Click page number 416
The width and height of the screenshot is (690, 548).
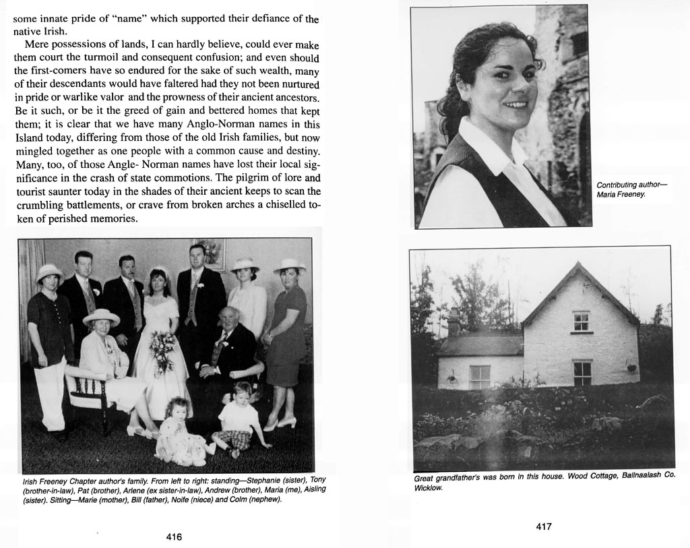[174, 537]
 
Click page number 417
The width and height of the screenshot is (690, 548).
[544, 526]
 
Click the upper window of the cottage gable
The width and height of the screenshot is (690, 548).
[580, 321]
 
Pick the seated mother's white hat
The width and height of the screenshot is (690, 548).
[102, 315]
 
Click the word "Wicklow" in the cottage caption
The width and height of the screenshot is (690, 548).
[428, 487]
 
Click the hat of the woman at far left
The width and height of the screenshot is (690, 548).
[49, 272]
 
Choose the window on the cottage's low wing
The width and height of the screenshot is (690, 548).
[479, 375]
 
